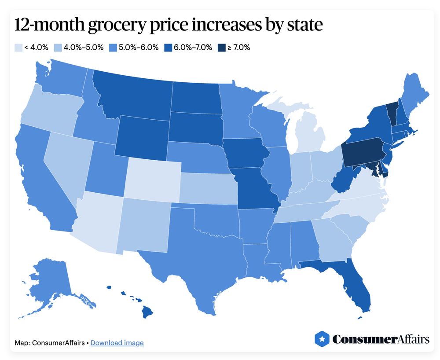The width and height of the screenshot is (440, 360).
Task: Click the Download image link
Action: [117, 343]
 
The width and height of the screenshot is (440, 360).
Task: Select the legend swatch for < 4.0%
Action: [18, 48]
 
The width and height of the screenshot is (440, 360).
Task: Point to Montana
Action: [132, 92]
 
